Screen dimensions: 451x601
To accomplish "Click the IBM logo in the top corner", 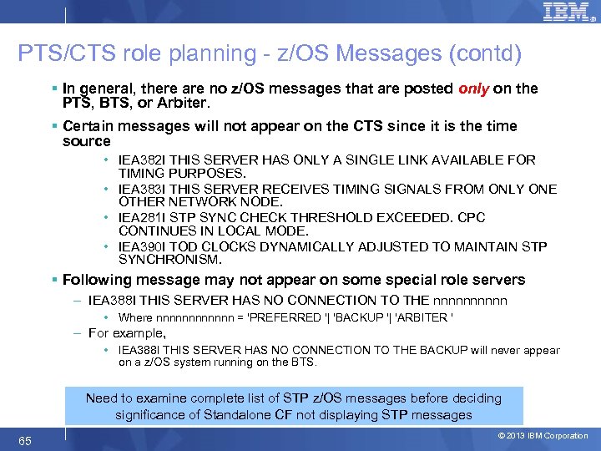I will [565, 13].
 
